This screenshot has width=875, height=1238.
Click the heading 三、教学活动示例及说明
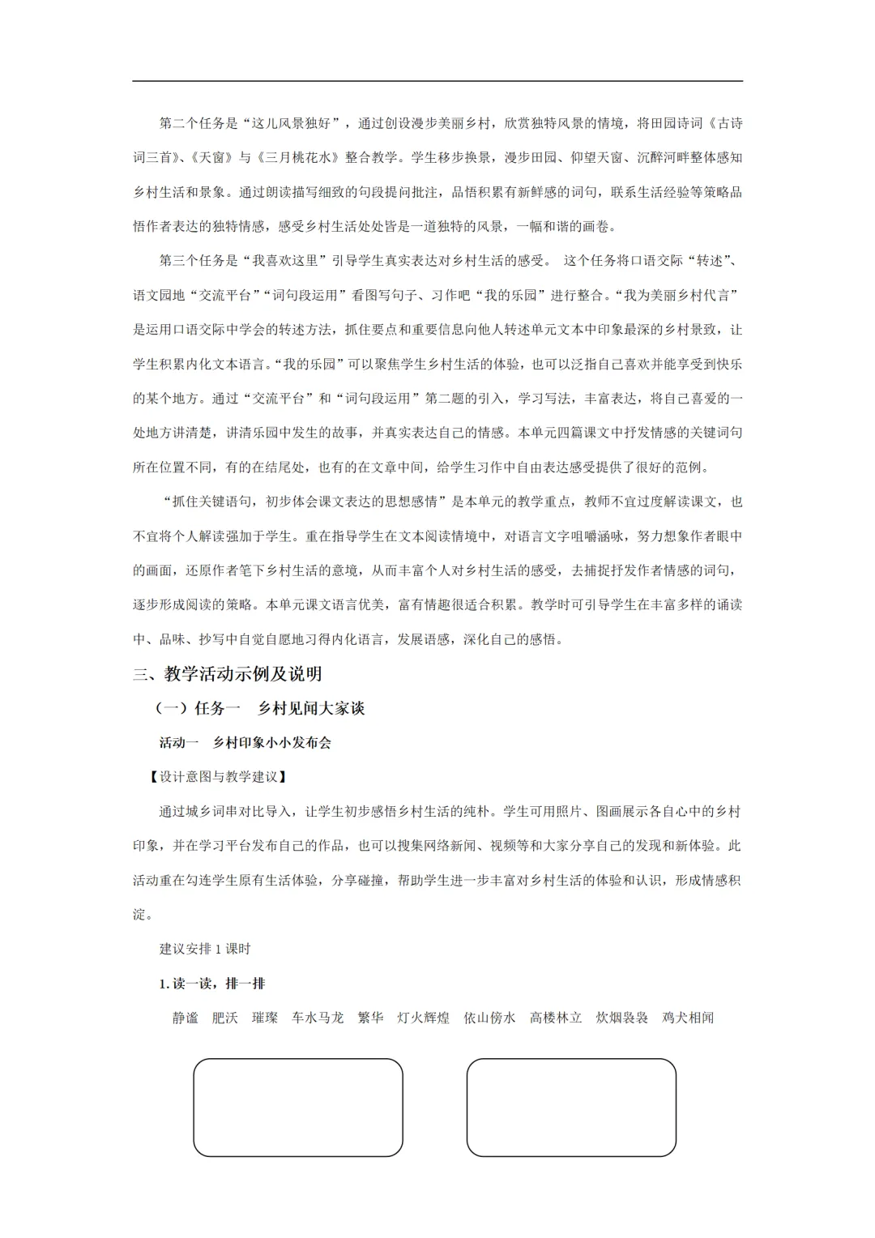pyautogui.click(x=228, y=674)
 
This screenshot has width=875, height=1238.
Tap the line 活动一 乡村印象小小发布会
pyautogui.click(x=245, y=742)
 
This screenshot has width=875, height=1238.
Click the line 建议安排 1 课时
pyautogui.click(x=205, y=949)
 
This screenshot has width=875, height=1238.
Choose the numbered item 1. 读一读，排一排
pyautogui.click(x=212, y=984)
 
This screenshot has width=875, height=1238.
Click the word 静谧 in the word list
pyautogui.click(x=186, y=1018)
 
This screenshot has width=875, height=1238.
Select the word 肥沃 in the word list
pyautogui.click(x=225, y=1018)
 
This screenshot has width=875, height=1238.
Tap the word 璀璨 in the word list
pyautogui.click(x=265, y=1018)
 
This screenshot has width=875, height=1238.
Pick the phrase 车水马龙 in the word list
pyautogui.click(x=318, y=1018)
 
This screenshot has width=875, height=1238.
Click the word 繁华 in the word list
pyautogui.click(x=370, y=1018)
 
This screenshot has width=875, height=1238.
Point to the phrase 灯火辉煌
pyautogui.click(x=423, y=1018)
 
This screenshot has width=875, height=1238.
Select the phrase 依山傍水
pyautogui.click(x=489, y=1018)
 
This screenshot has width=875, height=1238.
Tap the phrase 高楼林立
pyautogui.click(x=556, y=1018)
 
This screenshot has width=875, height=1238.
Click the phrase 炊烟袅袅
pyautogui.click(x=621, y=1018)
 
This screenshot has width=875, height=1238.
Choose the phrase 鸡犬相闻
pyautogui.click(x=688, y=1018)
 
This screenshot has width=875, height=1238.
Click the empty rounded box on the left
pyautogui.click(x=298, y=1107)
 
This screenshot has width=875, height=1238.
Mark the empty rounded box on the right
pyautogui.click(x=571, y=1107)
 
